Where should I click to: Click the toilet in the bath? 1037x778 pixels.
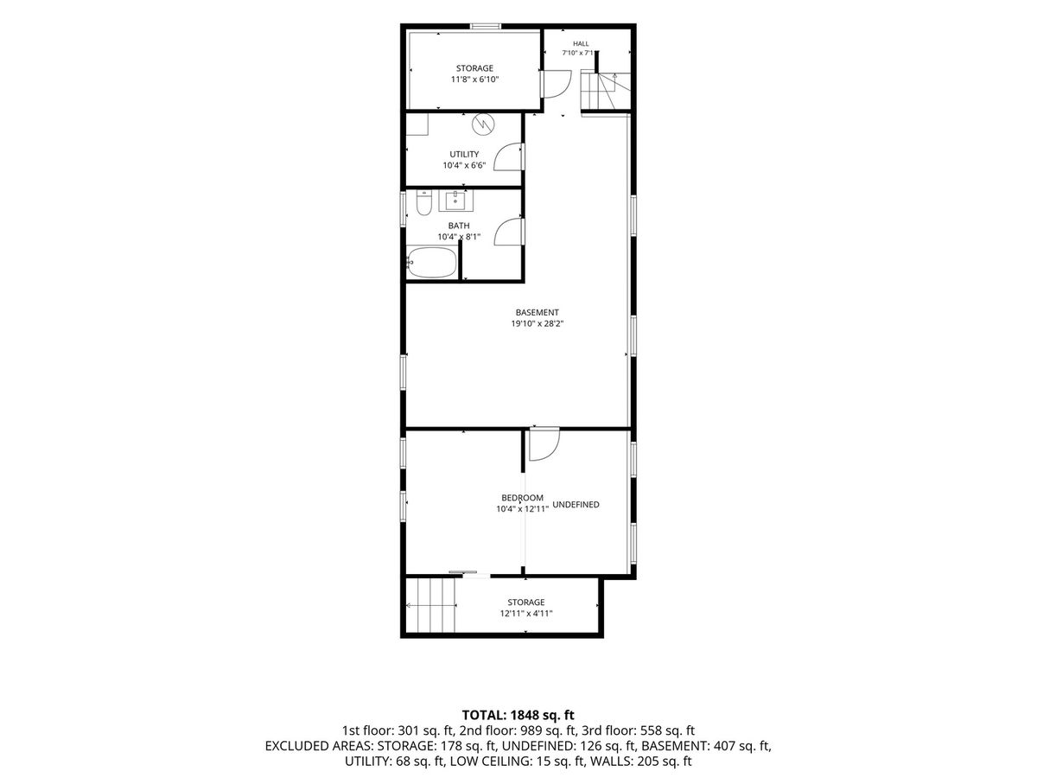pos(423,202)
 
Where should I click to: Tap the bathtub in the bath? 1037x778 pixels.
pos(432,262)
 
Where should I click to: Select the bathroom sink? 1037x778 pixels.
pos(455,201)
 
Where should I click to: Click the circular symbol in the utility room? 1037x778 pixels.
pos(483,124)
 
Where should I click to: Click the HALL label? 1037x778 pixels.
pos(581,44)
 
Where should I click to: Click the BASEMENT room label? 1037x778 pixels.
pos(538,312)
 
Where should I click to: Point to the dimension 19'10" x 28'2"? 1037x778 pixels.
pos(538,323)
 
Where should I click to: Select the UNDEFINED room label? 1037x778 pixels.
pos(576,505)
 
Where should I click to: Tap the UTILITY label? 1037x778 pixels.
pos(464,154)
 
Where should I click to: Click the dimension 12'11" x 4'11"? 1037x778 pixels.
pos(525,614)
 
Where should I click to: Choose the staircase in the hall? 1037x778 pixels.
pos(606,91)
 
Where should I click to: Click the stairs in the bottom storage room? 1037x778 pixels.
pos(431,605)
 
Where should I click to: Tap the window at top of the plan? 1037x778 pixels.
pos(486,27)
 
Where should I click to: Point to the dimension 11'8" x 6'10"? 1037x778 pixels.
pos(474,80)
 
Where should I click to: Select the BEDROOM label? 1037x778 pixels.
pos(522,497)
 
